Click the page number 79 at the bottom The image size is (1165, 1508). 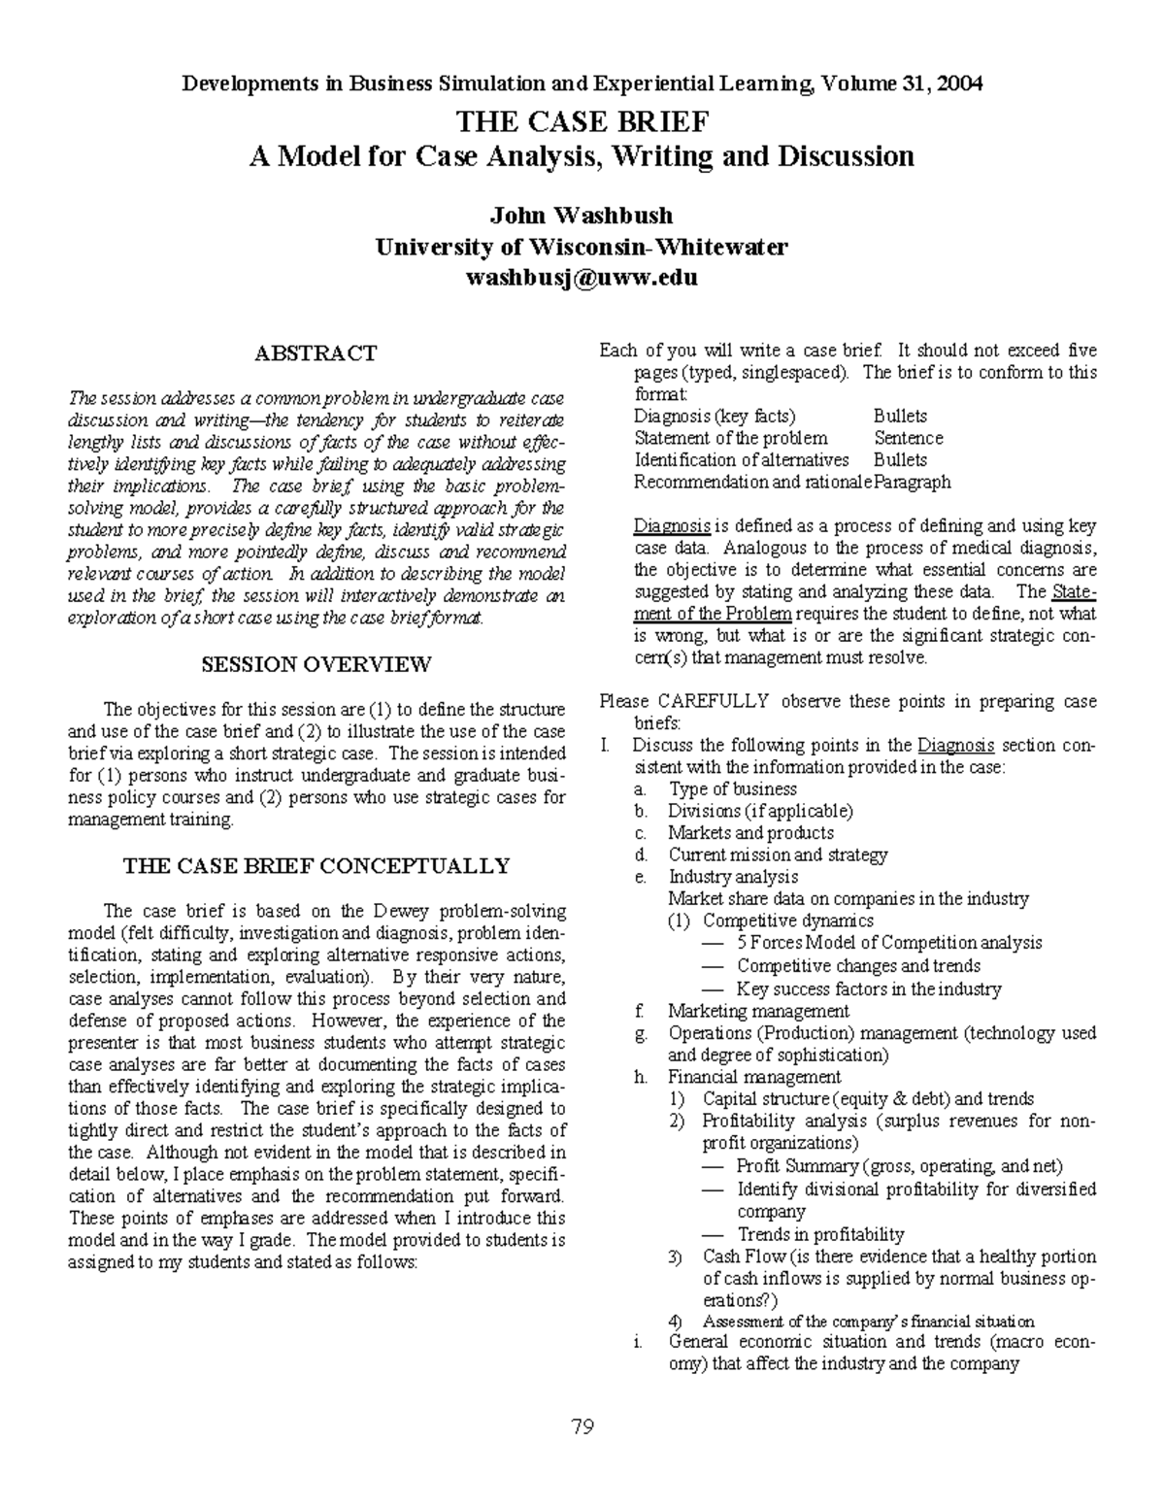582,1426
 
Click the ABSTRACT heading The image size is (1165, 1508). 316,353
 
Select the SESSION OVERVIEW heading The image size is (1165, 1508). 316,665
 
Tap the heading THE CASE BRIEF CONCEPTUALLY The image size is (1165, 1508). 316,866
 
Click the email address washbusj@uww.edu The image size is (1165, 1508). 582,278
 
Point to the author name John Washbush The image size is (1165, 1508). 582,215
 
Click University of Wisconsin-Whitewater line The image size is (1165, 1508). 582,247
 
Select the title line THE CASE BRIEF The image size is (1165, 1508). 582,122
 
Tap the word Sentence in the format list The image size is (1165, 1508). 908,438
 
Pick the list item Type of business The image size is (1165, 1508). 732,788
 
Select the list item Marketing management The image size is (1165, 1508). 758,1011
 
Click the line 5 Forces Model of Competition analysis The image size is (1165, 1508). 888,942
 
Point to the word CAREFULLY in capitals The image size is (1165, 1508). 714,701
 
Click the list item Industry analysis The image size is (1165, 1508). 733,877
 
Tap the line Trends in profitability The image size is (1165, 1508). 820,1234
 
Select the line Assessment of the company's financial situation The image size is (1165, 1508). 868,1322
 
